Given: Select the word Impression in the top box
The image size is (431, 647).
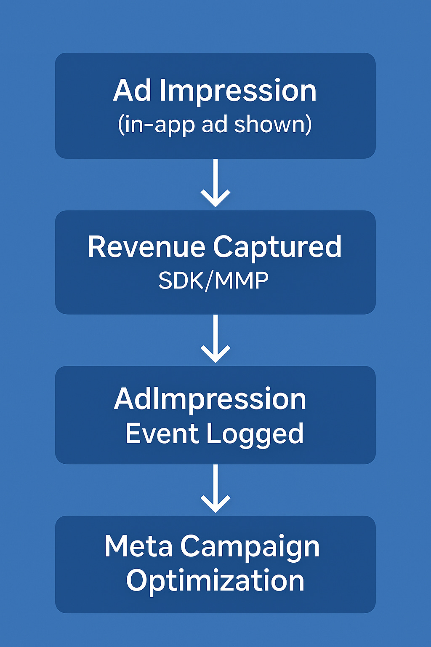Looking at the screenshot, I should point(238,91).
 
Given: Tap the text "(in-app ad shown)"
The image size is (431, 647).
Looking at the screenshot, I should point(215,125).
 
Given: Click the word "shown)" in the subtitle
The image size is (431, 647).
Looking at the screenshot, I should point(273,125).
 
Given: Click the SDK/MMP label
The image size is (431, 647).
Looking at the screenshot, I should point(213,281).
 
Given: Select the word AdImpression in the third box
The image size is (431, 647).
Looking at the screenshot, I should point(210,399).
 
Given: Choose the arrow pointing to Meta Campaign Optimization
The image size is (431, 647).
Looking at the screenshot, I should point(215,488).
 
